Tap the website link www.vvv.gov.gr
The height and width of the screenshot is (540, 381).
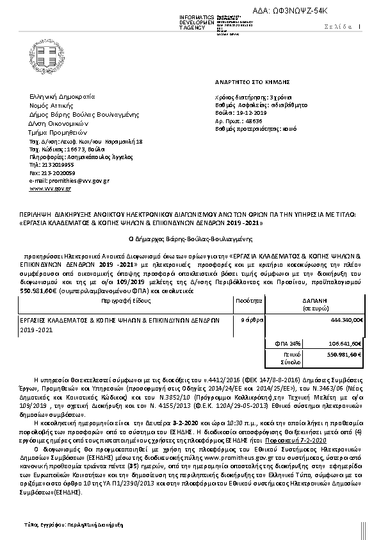(50, 189)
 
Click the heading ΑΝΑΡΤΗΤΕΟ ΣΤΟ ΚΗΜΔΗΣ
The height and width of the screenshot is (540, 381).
(252, 82)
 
